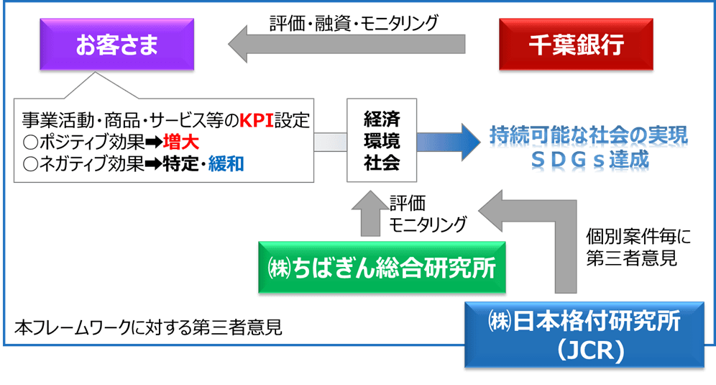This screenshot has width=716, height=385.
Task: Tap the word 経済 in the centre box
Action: [x=382, y=118]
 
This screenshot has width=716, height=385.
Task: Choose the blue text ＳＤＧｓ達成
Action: [x=589, y=163]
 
